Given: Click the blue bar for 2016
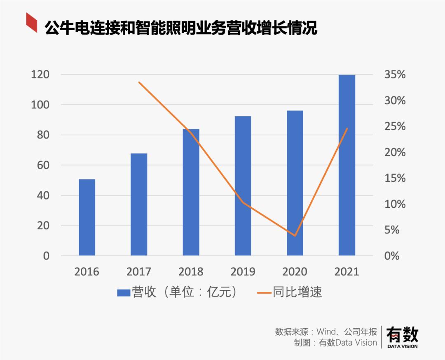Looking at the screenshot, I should coord(87,217).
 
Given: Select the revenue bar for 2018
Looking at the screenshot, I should coord(191,192).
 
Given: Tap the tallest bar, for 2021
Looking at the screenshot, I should coord(347,165).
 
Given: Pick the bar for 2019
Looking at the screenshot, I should coord(243,186).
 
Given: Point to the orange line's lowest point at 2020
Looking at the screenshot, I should coord(295,236).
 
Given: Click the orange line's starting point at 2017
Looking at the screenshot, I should coord(139,82).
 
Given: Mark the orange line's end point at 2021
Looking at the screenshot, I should coord(347,128).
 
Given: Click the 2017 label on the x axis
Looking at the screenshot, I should coord(139,272).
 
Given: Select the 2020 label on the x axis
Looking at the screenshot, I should coord(295,272).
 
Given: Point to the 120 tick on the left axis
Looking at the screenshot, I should coord(40,75).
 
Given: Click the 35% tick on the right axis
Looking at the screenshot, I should coord(395,75).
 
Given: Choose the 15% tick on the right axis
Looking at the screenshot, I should coord(395,178).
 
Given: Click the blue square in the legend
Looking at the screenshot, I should coord(123,292).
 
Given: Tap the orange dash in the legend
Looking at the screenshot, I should coord(264,292).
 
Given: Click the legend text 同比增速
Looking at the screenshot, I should coord(297,292).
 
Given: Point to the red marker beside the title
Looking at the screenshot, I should coord(32,22).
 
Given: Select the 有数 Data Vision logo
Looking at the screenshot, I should coord(402,336).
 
